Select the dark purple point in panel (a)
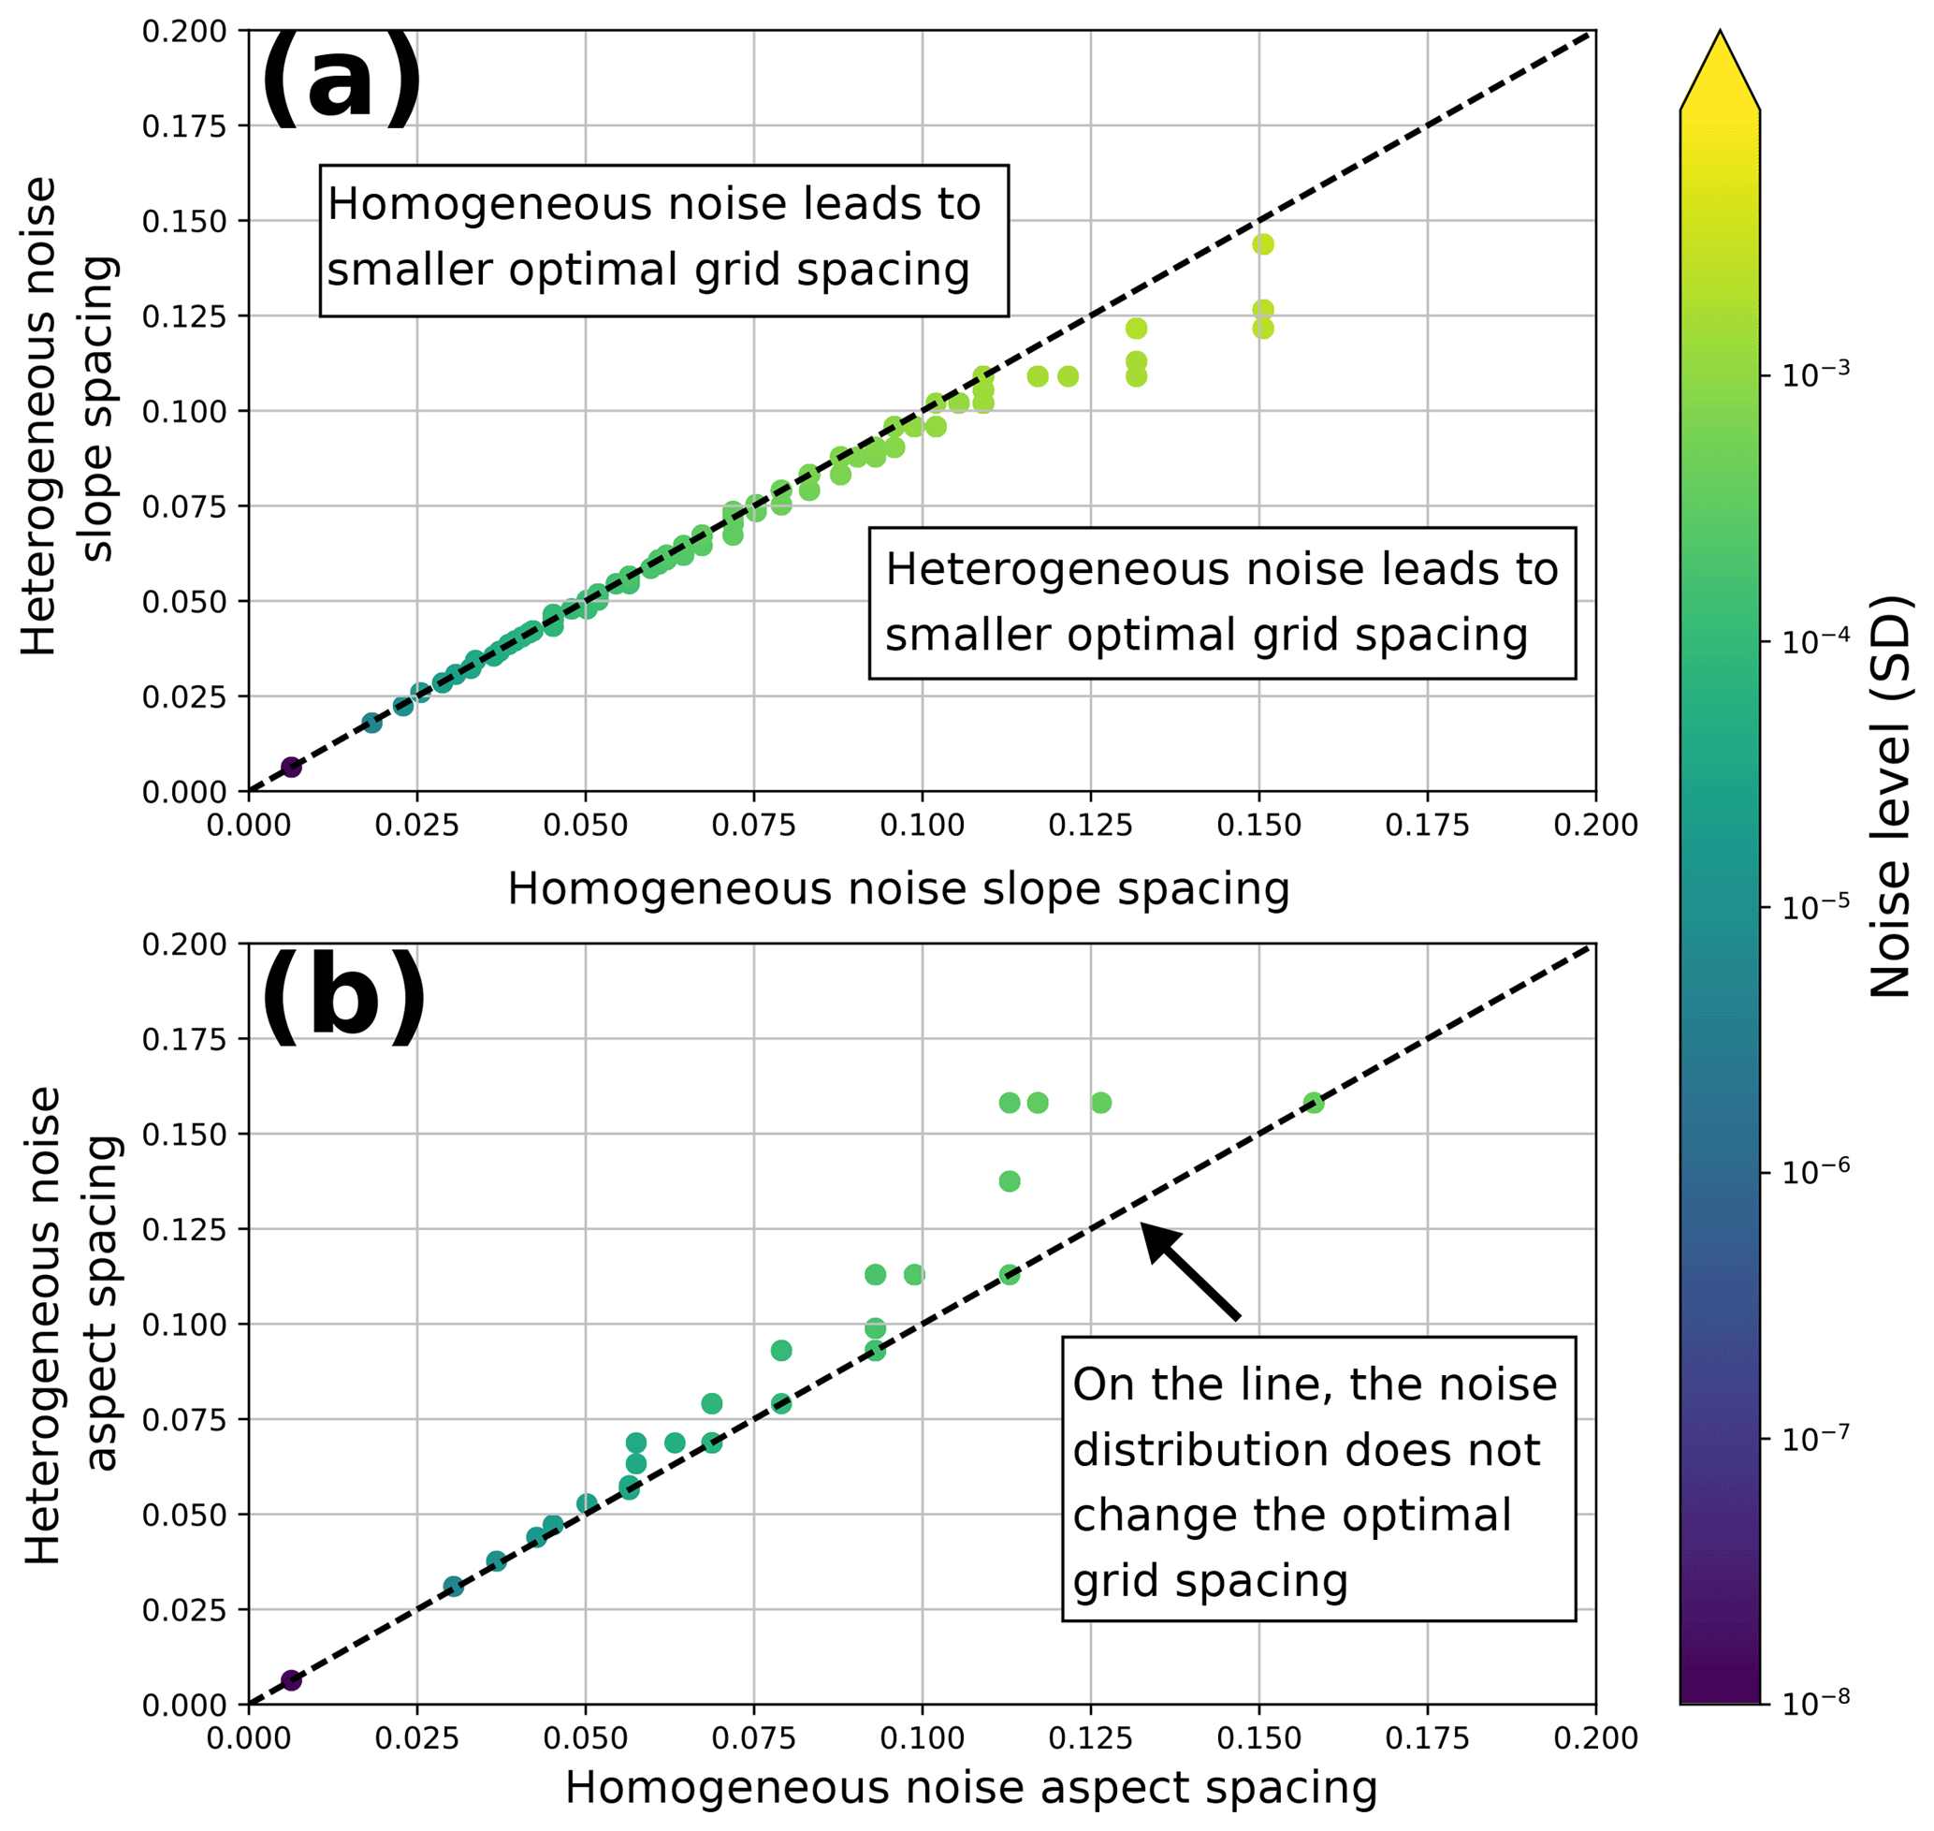click(x=291, y=768)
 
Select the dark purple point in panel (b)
click(x=291, y=1679)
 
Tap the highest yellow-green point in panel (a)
click(x=1262, y=244)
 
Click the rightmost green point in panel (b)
click(x=1314, y=1103)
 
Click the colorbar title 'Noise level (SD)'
click(x=1890, y=796)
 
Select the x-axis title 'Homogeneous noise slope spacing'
click(x=897, y=889)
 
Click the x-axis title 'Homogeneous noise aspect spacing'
click(x=970, y=1787)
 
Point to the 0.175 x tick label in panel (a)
click(x=1427, y=826)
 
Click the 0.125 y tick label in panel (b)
click(x=183, y=1230)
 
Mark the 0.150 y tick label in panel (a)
click(x=183, y=222)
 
